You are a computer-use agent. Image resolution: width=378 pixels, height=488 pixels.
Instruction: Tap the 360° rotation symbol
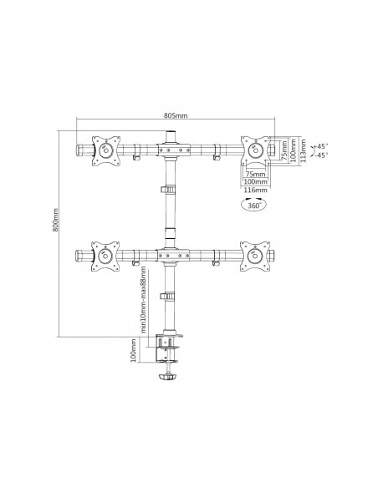click(254, 202)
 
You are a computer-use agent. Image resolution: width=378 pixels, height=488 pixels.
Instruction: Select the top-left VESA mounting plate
click(104, 150)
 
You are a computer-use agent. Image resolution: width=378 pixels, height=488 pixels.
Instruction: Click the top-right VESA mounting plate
click(254, 150)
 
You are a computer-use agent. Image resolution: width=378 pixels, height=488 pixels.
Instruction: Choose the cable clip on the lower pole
click(171, 296)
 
